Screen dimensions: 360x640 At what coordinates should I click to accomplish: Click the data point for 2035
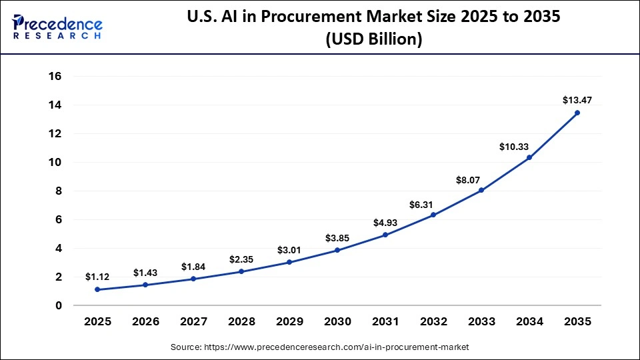pyautogui.click(x=577, y=113)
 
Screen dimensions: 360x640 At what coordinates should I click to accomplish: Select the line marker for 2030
pyautogui.click(x=337, y=250)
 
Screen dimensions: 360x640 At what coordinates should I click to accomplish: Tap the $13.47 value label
pyautogui.click(x=577, y=100)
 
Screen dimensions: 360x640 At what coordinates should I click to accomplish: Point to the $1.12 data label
pyautogui.click(x=97, y=277)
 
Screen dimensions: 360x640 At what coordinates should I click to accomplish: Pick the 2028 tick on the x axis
pyautogui.click(x=241, y=321)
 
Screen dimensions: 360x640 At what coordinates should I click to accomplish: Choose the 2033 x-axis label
pyautogui.click(x=481, y=321)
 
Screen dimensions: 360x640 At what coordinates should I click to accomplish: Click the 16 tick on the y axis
pyautogui.click(x=55, y=76)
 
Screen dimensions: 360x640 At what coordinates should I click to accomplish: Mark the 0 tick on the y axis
pyautogui.click(x=59, y=305)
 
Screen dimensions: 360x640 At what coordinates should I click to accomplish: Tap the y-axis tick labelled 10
pyautogui.click(x=55, y=162)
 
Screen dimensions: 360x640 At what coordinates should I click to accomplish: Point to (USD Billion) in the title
pyautogui.click(x=373, y=40)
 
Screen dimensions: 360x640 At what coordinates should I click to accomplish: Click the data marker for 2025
pyautogui.click(x=97, y=289)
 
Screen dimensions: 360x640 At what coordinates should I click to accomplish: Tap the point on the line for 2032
pyautogui.click(x=433, y=215)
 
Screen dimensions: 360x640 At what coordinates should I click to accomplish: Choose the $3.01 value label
pyautogui.click(x=289, y=250)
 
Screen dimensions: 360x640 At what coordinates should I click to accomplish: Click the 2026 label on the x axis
pyautogui.click(x=145, y=321)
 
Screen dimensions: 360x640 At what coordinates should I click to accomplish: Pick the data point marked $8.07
pyautogui.click(x=481, y=190)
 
